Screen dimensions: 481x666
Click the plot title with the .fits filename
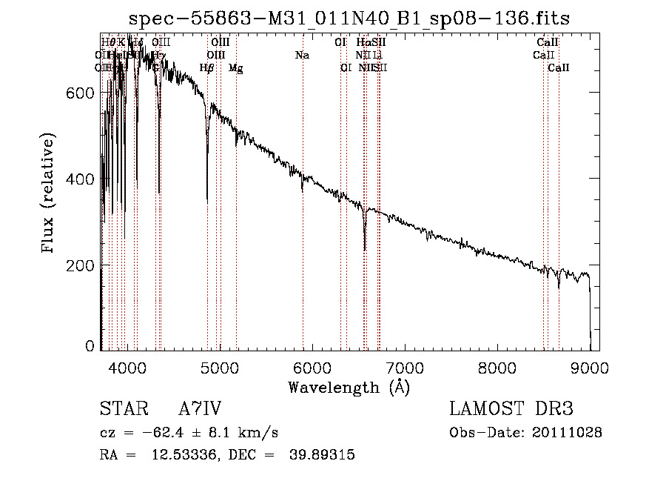point(349,18)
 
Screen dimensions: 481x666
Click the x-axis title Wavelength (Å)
point(349,387)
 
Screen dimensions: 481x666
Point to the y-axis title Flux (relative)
point(50,194)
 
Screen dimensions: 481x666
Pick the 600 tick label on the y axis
point(83,93)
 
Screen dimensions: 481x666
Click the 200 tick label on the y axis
point(83,265)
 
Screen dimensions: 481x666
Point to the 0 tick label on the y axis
point(90,346)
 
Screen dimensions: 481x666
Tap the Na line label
point(302,55)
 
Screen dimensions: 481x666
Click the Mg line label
point(235,68)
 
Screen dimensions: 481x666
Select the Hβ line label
point(207,68)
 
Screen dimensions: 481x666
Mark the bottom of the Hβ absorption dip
point(207,200)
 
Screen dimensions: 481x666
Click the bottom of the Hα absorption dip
point(365,249)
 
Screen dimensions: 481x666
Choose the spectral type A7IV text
point(201,409)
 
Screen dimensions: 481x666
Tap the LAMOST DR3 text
point(511,409)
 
